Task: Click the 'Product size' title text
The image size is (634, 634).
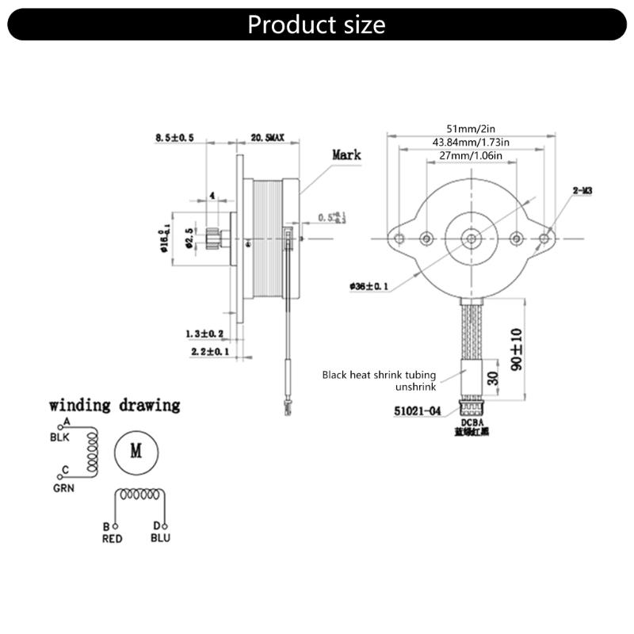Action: tap(316, 24)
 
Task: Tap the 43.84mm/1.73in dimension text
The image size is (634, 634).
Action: tap(471, 142)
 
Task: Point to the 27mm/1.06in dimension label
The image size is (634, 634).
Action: tap(471, 156)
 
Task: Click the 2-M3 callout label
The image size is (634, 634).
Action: tap(583, 191)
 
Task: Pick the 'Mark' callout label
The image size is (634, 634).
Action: tap(346, 155)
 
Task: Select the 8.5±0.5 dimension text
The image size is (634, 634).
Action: tap(175, 138)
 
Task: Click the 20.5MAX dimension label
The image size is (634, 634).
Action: tap(267, 138)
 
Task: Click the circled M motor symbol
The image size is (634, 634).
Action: tap(136, 452)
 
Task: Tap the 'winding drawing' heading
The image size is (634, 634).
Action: tap(115, 405)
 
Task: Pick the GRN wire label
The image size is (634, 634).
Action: tap(63, 488)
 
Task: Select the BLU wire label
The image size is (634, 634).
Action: tap(160, 538)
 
